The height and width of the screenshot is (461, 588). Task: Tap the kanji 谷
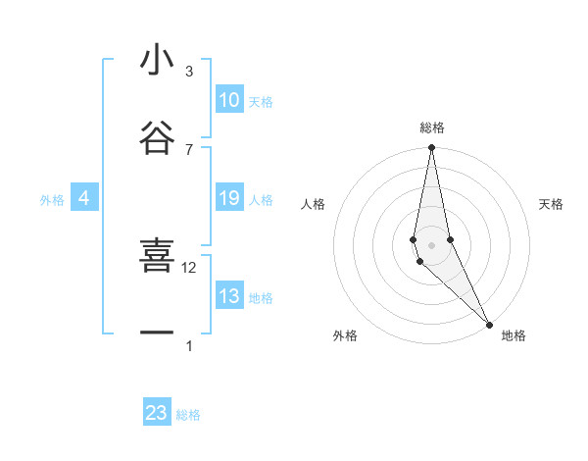pos(157,137)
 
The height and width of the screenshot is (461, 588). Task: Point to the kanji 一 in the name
pos(157,333)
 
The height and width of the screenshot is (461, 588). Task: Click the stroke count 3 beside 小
pos(188,72)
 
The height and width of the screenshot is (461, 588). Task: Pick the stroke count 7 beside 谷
pos(188,149)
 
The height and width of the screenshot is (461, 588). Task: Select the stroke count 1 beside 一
pos(188,345)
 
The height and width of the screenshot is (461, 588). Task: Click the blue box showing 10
pos(229,100)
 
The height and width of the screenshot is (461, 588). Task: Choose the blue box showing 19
pos(229,198)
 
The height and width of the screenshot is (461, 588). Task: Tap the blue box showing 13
pos(229,296)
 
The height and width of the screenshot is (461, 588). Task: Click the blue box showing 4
pos(84,198)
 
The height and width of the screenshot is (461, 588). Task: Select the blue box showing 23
pos(157,413)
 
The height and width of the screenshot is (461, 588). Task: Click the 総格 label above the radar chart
pos(432,128)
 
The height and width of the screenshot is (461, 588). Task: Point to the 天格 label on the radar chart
pos(552,204)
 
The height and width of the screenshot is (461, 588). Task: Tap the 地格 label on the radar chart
pos(514,335)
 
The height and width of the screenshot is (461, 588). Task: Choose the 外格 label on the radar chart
pos(345,335)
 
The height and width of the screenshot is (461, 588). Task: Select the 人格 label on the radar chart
pos(313,204)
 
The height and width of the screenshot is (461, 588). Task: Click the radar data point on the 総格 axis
pos(431,148)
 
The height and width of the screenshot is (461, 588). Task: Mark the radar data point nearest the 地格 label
pos(489,323)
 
